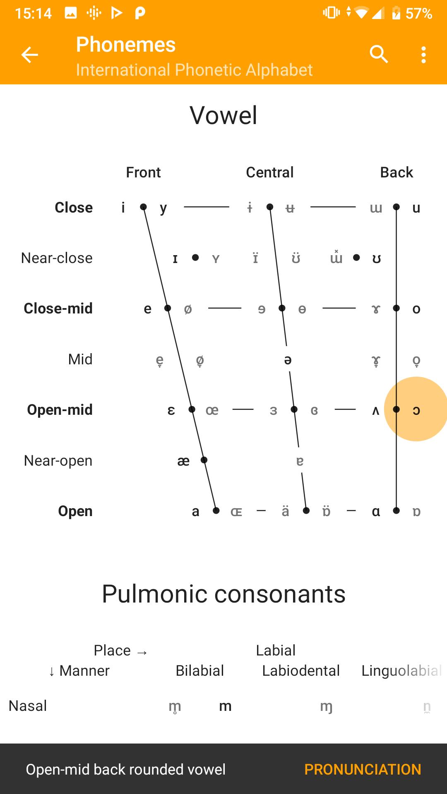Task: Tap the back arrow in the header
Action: click(x=29, y=55)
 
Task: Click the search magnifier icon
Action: click(x=379, y=54)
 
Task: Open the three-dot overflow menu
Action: click(x=423, y=55)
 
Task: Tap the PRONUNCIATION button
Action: click(x=363, y=769)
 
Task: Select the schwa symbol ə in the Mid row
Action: click(x=288, y=360)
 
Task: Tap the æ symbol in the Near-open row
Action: click(x=183, y=461)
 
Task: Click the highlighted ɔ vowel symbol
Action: click(x=416, y=410)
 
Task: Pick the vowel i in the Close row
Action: click(x=123, y=207)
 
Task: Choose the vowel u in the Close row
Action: click(x=416, y=208)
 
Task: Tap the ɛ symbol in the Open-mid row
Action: click(x=171, y=410)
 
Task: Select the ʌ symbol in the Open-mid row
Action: click(x=376, y=410)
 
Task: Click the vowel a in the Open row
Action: click(x=196, y=512)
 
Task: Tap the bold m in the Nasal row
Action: click(x=225, y=706)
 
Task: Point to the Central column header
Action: click(x=270, y=172)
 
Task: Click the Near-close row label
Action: click(x=57, y=258)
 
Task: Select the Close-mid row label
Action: click(x=58, y=308)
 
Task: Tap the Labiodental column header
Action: click(x=301, y=670)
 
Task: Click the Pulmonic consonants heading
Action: click(x=223, y=594)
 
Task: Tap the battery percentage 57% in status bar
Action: click(x=419, y=14)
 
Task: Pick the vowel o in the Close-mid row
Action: click(x=416, y=309)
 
